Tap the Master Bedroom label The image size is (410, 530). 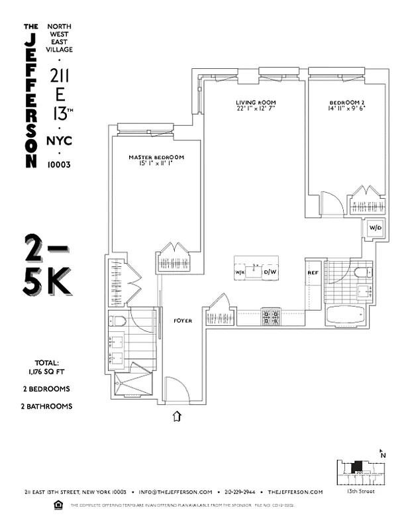156,157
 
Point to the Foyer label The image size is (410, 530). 183,321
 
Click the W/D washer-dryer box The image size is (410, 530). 374,228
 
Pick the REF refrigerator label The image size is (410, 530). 313,272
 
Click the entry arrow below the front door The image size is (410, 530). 177,416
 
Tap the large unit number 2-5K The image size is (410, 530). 47,265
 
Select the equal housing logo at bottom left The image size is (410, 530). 57,505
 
